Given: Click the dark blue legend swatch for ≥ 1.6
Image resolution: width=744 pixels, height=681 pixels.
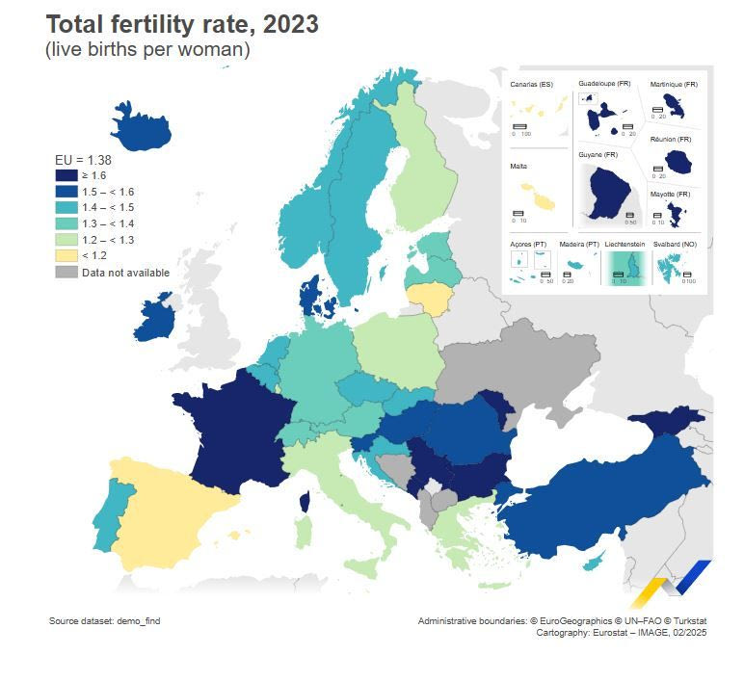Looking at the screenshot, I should tap(66, 175).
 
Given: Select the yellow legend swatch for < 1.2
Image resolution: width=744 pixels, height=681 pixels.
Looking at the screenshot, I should tap(66, 255).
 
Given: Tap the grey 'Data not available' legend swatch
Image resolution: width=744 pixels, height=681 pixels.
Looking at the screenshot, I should tap(66, 273).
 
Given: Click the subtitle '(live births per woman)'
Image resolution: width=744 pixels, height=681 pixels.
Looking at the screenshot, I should tap(147, 50).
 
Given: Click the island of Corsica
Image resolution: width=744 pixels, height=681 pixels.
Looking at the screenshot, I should tap(306, 501).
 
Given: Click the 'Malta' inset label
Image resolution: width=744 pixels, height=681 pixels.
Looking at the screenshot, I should tap(518, 167).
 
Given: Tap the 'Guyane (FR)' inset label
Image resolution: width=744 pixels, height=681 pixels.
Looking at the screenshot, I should tap(598, 154).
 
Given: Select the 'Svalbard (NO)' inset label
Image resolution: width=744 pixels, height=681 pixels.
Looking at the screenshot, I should tap(675, 245).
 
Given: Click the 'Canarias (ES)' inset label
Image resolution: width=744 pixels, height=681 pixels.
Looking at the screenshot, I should tap(531, 85).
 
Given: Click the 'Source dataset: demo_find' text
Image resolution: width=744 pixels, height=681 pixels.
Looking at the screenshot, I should tap(104, 621).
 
